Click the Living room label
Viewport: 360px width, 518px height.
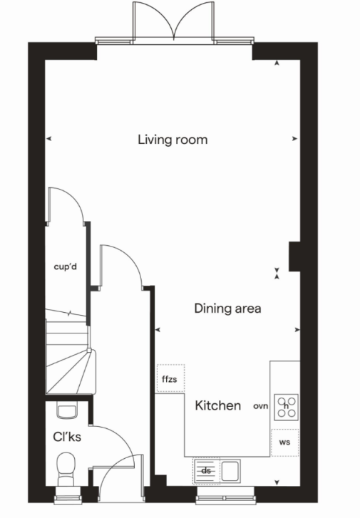pyautogui.click(x=173, y=140)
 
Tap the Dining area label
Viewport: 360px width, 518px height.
pyautogui.click(x=228, y=309)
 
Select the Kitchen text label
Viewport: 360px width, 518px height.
pyautogui.click(x=218, y=405)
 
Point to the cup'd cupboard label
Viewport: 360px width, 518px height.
pyautogui.click(x=66, y=266)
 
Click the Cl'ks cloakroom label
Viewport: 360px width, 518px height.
pyautogui.click(x=67, y=437)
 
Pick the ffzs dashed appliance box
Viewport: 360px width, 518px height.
pyautogui.click(x=170, y=378)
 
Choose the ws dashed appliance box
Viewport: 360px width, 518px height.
pyautogui.click(x=285, y=442)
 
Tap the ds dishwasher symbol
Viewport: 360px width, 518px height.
pyautogui.click(x=207, y=470)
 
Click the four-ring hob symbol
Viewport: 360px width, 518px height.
pyautogui.click(x=287, y=407)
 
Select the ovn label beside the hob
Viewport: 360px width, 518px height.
pyautogui.click(x=260, y=406)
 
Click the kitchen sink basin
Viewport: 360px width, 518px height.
pyautogui.click(x=230, y=471)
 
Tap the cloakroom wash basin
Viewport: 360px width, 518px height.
pyautogui.click(x=68, y=410)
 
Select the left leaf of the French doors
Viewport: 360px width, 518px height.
pyautogui.click(x=153, y=21)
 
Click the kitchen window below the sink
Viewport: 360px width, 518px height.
pyautogui.click(x=226, y=495)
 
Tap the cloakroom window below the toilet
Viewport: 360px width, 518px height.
pyautogui.click(x=68, y=495)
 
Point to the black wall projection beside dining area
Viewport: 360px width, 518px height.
pyautogui.click(x=294, y=257)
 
